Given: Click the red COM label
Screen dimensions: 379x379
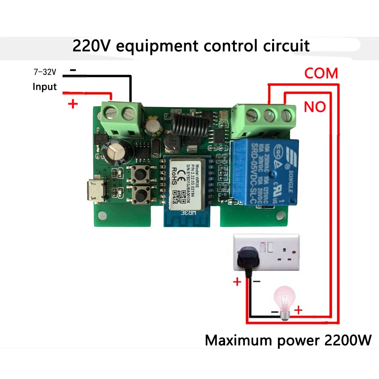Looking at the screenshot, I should coord(321,73).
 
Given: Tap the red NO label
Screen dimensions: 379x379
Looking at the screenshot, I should coord(315,107).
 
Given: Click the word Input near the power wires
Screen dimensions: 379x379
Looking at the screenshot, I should coord(44,87).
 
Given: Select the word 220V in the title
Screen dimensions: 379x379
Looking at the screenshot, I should coord(92,46).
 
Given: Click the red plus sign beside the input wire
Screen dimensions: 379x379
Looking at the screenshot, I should coord(72,104).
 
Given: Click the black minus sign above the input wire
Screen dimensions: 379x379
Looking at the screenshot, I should coord(73,70).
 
